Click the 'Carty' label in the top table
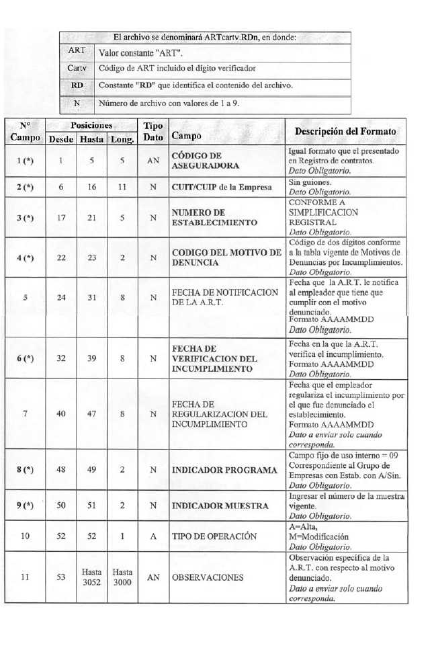click(77, 69)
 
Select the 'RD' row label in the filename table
click(77, 86)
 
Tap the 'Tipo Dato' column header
click(153, 132)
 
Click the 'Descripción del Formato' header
click(345, 131)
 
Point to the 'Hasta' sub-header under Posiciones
click(91, 139)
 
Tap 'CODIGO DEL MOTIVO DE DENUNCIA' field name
click(226, 257)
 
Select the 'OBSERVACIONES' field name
click(207, 577)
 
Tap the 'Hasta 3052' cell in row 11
click(91, 577)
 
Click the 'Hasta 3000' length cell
click(122, 577)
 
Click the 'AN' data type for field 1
click(153, 161)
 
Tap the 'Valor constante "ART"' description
click(141, 52)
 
